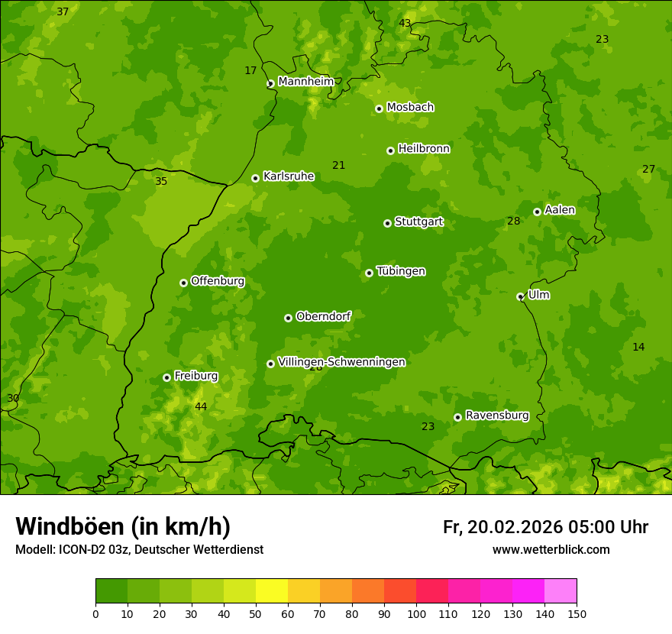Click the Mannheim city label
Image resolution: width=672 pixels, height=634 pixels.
305,81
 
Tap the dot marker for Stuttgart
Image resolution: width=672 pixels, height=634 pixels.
387,223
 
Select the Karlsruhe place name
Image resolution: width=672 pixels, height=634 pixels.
288,176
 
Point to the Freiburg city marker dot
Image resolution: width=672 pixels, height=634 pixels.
166,377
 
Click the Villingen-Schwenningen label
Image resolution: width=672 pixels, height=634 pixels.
341,362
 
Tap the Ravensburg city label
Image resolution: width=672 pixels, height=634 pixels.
496,416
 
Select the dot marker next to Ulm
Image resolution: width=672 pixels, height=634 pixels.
520,296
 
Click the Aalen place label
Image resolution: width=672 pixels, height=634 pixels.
559,209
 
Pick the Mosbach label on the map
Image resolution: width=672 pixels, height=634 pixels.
409,107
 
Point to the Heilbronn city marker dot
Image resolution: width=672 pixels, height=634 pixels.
390,150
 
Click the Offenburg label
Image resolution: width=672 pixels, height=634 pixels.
217,280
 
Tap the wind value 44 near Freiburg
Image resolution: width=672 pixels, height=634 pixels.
200,406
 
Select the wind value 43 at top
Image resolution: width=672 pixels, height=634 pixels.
405,23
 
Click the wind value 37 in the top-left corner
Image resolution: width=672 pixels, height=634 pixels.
63,11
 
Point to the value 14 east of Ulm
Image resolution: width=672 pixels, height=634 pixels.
638,347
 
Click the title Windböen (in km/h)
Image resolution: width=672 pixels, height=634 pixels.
123,526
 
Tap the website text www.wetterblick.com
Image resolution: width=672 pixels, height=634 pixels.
551,549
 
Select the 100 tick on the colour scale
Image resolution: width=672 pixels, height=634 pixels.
416,613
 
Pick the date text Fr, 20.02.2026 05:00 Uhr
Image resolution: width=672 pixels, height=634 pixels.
545,527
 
